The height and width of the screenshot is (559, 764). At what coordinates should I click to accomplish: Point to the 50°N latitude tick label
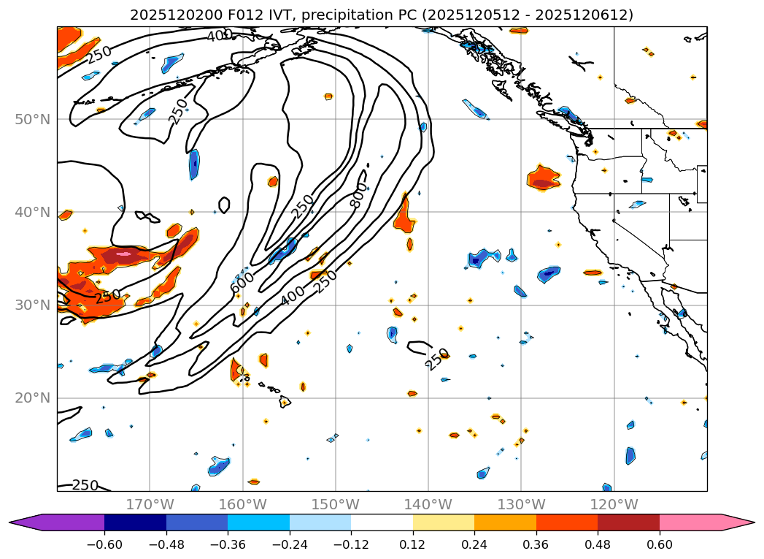(33, 119)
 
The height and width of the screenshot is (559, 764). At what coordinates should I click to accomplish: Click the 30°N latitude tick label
(33, 305)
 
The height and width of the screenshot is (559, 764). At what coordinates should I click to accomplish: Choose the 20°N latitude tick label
(33, 398)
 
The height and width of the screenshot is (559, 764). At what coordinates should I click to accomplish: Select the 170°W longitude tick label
(150, 504)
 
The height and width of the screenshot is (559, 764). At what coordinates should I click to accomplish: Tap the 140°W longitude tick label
(428, 504)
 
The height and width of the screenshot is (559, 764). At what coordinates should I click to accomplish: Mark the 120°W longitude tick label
(614, 504)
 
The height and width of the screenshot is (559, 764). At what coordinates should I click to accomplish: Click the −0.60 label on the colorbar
(104, 544)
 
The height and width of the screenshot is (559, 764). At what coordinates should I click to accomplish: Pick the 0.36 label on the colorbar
(536, 544)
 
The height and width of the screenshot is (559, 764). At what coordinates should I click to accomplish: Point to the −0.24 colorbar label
(289, 544)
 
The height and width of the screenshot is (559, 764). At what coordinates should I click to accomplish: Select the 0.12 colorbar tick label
(413, 544)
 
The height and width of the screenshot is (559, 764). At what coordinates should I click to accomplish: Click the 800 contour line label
(358, 196)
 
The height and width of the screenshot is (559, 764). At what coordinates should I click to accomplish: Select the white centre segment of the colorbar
(382, 522)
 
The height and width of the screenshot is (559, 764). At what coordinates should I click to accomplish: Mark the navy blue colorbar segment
(135, 522)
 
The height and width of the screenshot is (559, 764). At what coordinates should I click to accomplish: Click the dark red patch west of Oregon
(543, 183)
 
